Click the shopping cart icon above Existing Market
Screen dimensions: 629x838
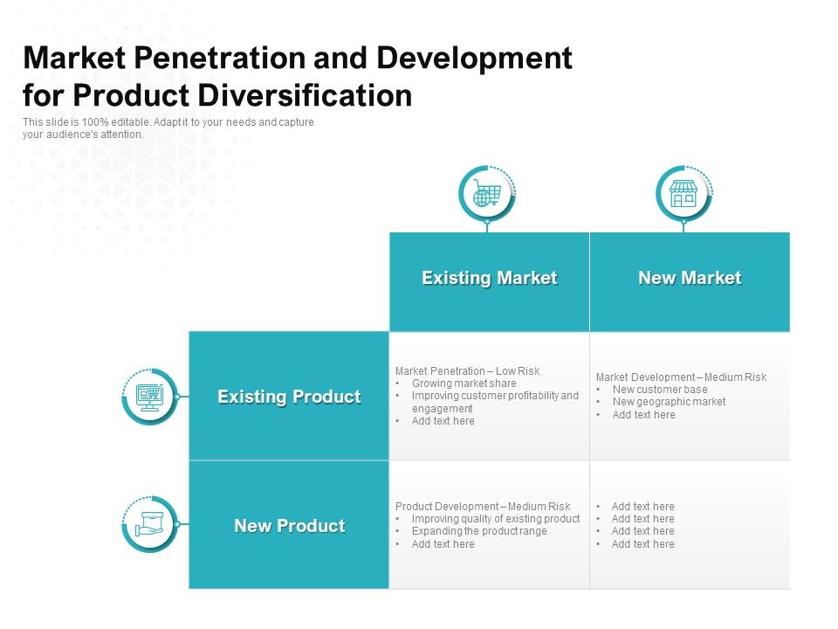486,193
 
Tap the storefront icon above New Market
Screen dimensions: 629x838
683,193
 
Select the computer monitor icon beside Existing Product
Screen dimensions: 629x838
149,397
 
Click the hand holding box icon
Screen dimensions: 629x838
149,525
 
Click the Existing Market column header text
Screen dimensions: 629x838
489,279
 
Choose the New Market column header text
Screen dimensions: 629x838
690,279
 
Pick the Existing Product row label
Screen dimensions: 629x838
289,397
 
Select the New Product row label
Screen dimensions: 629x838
289,526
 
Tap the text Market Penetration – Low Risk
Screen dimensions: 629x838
468,371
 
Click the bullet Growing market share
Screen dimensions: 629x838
464,384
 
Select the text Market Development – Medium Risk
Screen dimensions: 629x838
681,377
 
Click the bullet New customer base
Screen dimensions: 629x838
660,390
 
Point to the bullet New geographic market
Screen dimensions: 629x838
669,402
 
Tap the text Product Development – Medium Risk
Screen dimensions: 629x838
483,507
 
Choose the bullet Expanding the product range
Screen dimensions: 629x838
479,531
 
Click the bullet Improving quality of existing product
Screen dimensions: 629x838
496,519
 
